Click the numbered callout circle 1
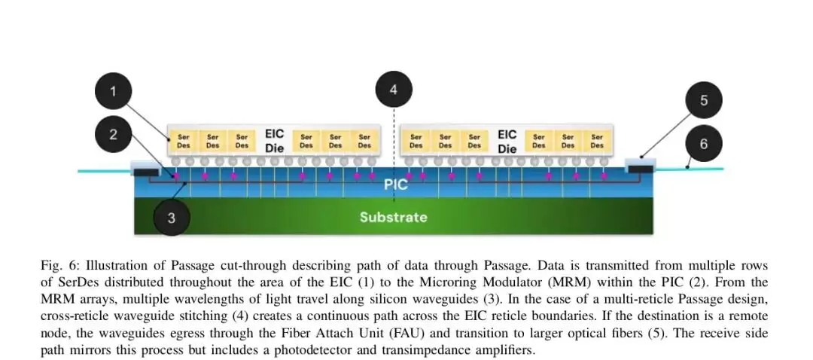pos(113,91)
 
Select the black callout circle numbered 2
pos(113,134)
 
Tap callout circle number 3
pos(172,217)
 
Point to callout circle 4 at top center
pos(394,90)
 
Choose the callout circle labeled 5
pos(704,100)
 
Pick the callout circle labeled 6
pos(704,144)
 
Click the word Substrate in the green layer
pos(394,217)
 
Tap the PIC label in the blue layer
pos(396,185)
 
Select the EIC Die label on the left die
pos(274,141)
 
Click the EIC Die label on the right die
pos(507,141)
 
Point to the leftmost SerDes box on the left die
pos(184,141)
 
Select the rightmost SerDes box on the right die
pos(597,141)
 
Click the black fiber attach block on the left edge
pos(146,172)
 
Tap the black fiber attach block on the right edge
pos(641,169)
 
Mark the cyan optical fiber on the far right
pos(689,169)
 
